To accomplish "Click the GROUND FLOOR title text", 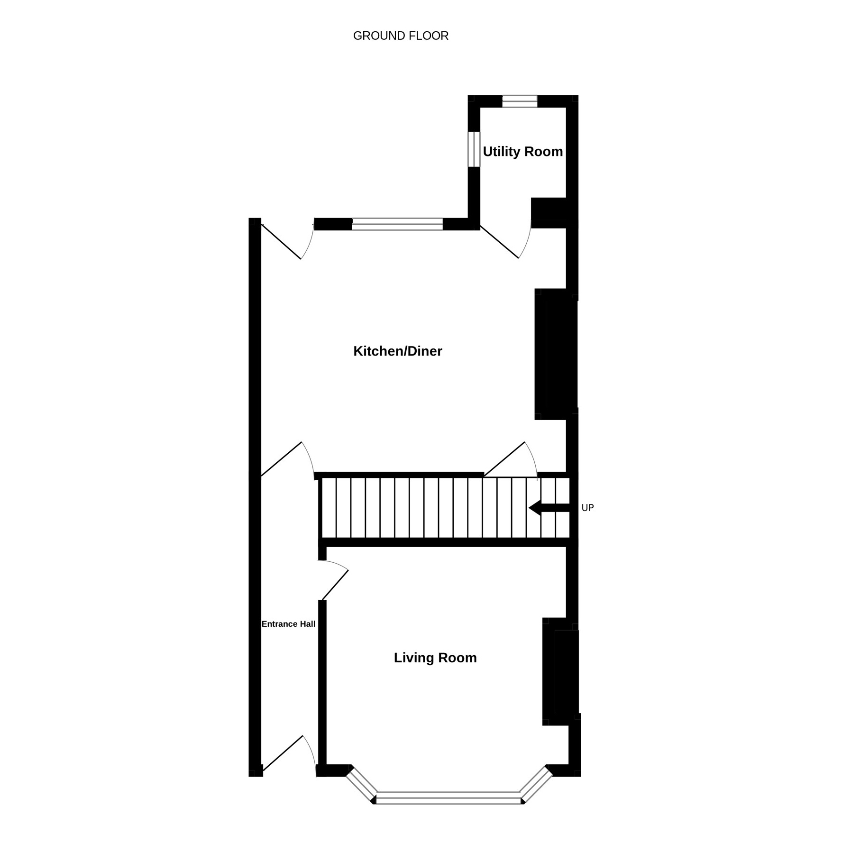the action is click(401, 36).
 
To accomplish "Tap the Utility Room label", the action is click(523, 152).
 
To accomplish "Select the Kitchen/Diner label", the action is click(398, 351).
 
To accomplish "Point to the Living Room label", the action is click(435, 658).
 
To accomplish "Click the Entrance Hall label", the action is click(288, 624).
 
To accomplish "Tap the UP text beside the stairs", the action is click(587, 508).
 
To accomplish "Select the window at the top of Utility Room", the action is click(520, 101).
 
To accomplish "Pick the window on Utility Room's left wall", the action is click(474, 149).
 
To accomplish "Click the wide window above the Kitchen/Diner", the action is click(397, 224).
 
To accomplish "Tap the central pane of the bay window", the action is click(449, 798).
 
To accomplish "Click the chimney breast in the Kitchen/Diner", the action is click(556, 354).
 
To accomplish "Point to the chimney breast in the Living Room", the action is click(561, 671).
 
